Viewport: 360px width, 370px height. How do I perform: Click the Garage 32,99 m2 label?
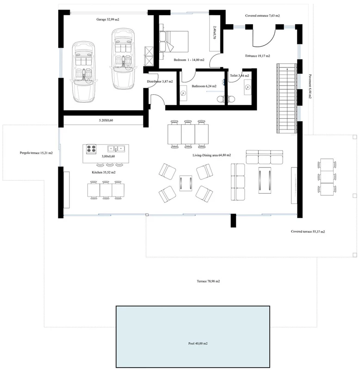[108, 19]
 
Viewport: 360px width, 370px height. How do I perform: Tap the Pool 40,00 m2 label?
[198, 343]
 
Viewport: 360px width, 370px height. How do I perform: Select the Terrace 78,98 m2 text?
[208, 281]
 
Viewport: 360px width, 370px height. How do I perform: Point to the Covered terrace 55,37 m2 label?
[308, 232]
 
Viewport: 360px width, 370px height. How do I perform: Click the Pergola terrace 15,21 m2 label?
[36, 153]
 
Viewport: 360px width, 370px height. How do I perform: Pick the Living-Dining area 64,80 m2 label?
[211, 155]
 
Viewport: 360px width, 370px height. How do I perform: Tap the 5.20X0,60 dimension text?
[106, 120]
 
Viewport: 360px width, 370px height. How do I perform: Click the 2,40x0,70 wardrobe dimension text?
[214, 32]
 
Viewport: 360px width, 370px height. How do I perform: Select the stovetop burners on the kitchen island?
[91, 149]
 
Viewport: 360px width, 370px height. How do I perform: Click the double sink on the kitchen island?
[116, 148]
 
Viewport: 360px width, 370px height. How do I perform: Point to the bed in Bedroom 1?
[174, 41]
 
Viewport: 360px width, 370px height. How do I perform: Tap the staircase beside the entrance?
[287, 98]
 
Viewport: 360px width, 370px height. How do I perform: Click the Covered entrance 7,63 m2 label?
[262, 16]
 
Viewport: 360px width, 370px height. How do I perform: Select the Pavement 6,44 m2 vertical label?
[310, 86]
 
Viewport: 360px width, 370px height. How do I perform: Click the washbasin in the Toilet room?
[248, 87]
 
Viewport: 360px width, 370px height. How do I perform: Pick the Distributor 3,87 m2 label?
[160, 81]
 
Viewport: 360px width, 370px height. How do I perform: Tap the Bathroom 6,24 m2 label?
[204, 86]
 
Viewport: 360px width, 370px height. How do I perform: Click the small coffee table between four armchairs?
[186, 183]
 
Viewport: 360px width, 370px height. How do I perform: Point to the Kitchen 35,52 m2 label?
[104, 172]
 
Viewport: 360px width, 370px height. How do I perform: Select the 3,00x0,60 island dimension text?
[108, 156]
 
